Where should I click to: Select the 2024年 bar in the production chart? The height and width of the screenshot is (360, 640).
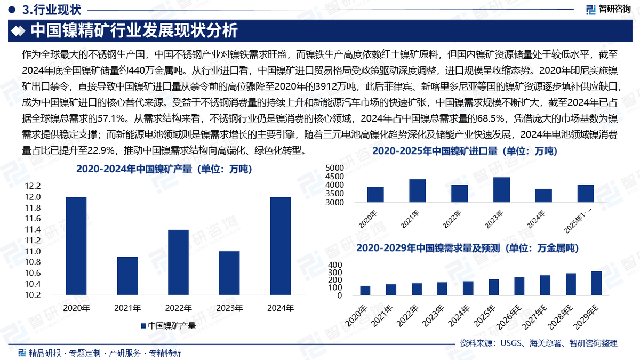(x=281, y=246)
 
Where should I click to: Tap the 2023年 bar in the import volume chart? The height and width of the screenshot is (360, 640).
(x=501, y=190)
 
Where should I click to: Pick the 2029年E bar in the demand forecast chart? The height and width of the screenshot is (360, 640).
(x=596, y=283)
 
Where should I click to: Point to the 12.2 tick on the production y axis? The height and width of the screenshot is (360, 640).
(x=33, y=186)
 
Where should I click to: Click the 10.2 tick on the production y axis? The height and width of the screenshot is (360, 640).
(x=33, y=295)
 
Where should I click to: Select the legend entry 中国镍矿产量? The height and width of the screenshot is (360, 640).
(x=168, y=325)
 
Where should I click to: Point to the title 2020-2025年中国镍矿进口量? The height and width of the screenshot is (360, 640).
(x=465, y=152)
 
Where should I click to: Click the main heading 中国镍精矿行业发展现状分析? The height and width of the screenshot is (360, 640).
(x=134, y=30)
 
